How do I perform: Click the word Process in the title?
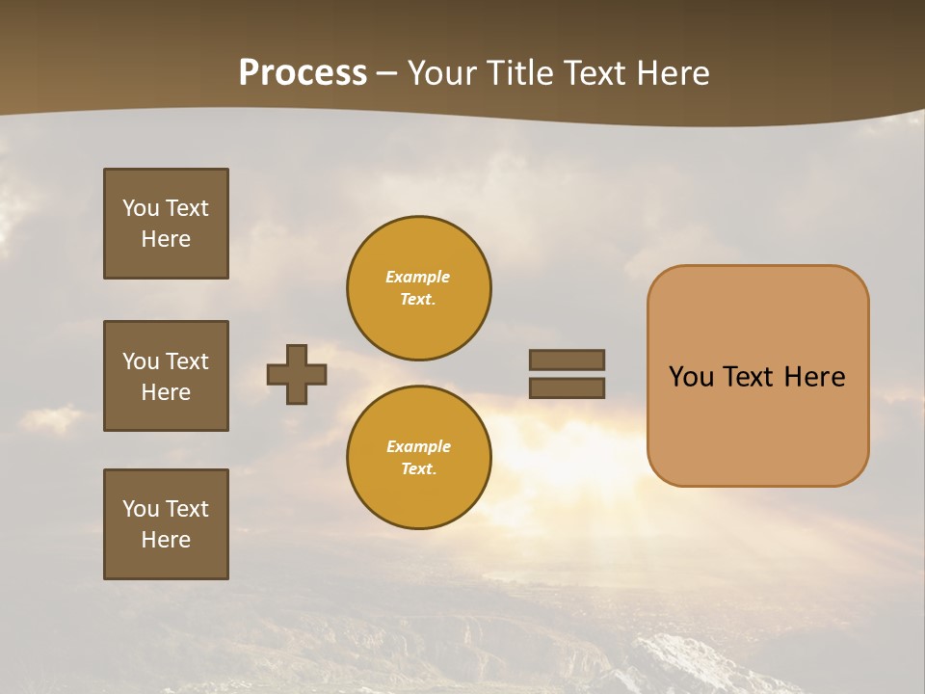303,73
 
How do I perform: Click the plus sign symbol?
297,374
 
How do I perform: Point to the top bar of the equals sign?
567,360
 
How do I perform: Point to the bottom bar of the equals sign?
567,387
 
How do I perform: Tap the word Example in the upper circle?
418,277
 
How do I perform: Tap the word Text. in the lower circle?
418,468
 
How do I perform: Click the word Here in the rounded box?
814,377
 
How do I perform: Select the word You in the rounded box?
691,377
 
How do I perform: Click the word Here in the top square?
166,239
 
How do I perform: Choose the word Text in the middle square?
186,361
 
